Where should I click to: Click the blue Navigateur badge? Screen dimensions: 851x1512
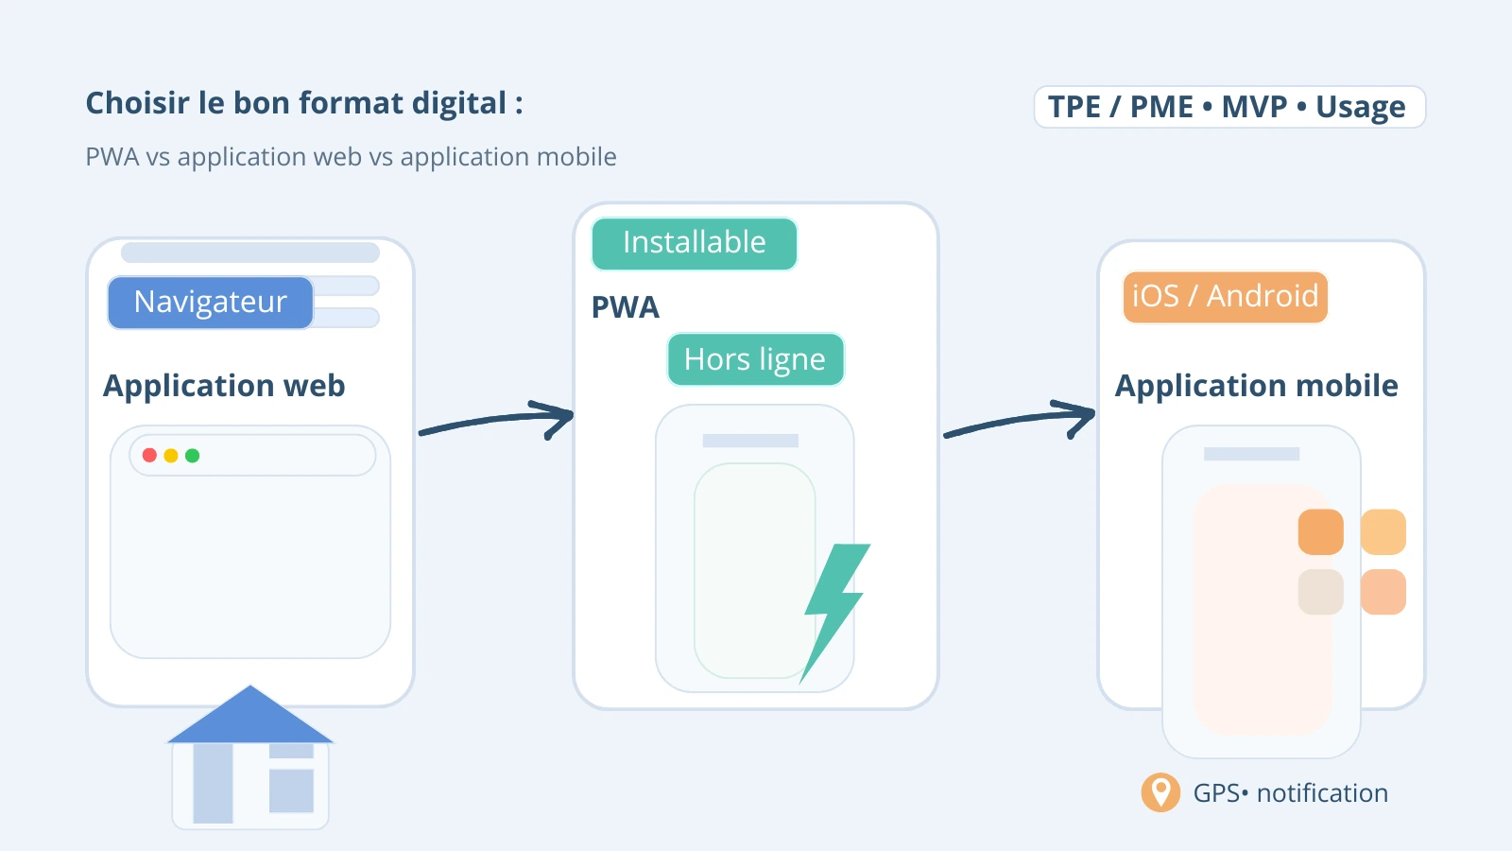coord(210,303)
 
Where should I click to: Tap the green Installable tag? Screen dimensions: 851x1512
coord(694,243)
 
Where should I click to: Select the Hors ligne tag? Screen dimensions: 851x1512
coord(754,359)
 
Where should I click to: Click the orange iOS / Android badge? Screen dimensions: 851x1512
coord(1225,297)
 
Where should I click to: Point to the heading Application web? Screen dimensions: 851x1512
coord(224,386)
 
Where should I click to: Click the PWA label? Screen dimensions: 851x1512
coord(625,307)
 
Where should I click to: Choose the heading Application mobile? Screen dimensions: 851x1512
coord(1256,386)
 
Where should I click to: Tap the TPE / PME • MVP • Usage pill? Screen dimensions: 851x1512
coord(1228,107)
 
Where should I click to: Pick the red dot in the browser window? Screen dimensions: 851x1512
coord(149,456)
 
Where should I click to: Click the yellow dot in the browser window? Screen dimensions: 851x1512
coord(171,456)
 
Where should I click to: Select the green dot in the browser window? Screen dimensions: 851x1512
coord(193,456)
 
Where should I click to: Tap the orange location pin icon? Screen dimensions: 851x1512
coord(1160,792)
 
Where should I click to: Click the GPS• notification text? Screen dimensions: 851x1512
coord(1290,793)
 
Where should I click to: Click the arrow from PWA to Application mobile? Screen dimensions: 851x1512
coord(1021,421)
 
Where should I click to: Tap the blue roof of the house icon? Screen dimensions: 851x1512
coord(250,719)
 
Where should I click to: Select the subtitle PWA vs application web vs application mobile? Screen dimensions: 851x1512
coord(351,157)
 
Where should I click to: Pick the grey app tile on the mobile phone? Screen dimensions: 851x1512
coord(1320,592)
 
